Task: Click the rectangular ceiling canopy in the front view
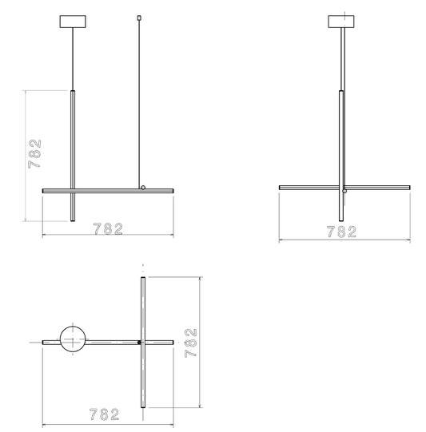point(73,22)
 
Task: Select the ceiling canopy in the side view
point(341,22)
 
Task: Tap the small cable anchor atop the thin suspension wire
point(139,18)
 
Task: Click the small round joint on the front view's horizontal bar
point(143,188)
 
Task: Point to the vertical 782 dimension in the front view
point(34,154)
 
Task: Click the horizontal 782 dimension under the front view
point(108,229)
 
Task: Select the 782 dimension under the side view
point(341,232)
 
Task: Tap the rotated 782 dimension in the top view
point(191,343)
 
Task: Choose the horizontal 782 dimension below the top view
point(104,414)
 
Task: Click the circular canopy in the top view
point(73,339)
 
